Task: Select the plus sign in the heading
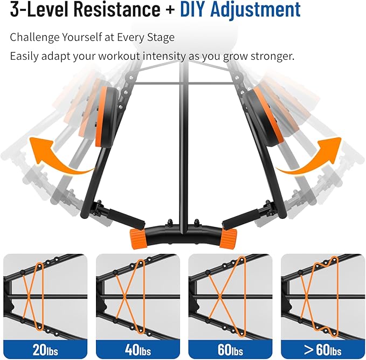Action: click(171, 11)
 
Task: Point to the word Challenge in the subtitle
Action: click(36, 37)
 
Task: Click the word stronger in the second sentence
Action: click(267, 56)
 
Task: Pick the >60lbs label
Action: click(322, 349)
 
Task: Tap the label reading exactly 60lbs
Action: click(230, 349)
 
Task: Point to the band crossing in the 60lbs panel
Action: click(219, 295)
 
